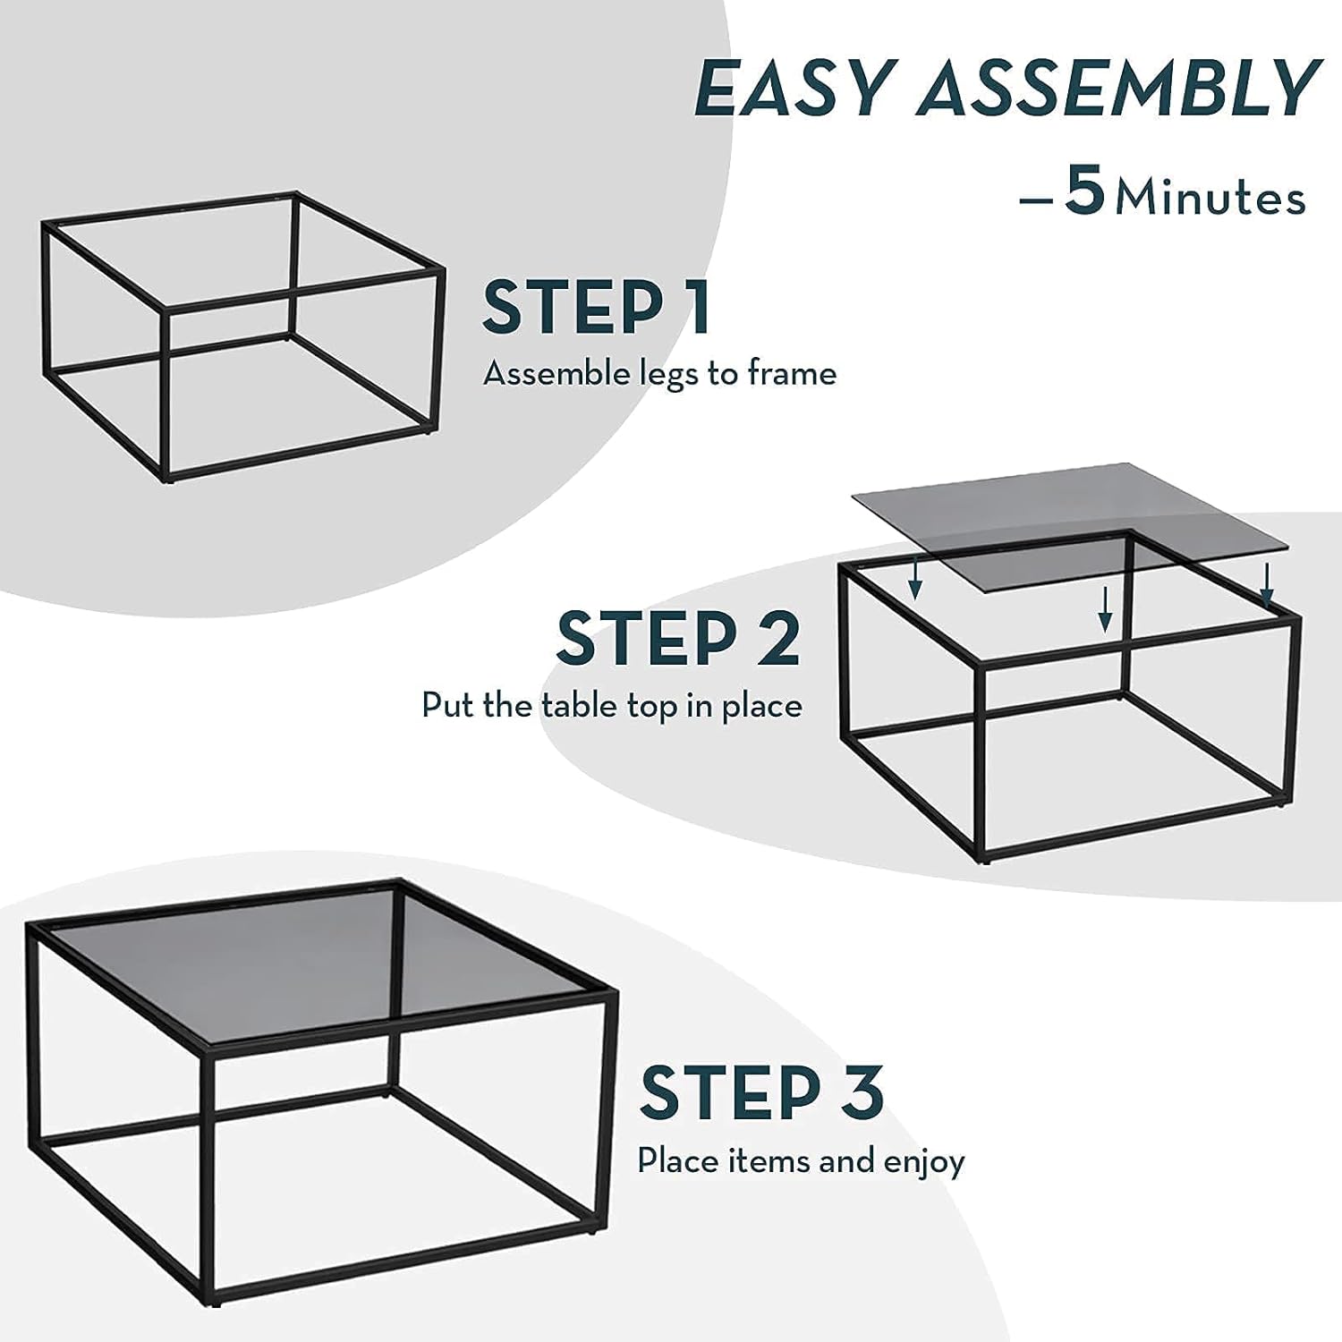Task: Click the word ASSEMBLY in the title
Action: [x=1119, y=88]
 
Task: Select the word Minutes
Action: [x=1210, y=198]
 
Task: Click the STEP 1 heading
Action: [x=596, y=307]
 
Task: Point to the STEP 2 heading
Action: [x=677, y=638]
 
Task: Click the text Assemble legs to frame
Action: [x=659, y=373]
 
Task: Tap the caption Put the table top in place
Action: [x=612, y=706]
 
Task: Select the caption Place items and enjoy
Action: [x=801, y=1161]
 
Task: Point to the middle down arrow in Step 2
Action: [x=1106, y=609]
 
